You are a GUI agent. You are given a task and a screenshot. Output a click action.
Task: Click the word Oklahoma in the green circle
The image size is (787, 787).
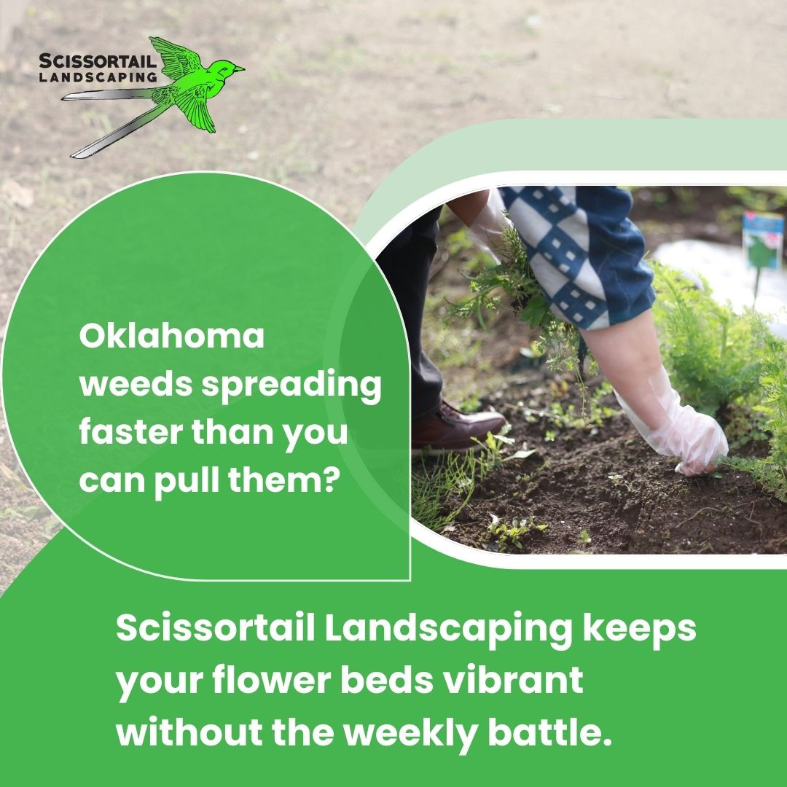point(172,336)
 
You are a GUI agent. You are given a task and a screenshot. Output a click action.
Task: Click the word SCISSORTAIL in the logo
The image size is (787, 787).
point(98,61)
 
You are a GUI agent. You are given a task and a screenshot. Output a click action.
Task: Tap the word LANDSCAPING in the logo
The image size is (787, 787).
point(98,77)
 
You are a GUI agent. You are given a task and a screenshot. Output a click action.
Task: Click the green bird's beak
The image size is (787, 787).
point(239,68)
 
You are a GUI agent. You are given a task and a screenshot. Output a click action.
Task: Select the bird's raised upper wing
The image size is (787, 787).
point(175,57)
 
